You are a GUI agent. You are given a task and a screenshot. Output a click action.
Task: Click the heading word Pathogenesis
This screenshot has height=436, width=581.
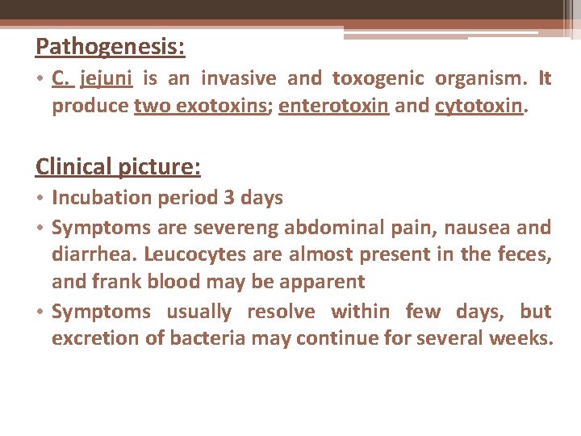[110, 47]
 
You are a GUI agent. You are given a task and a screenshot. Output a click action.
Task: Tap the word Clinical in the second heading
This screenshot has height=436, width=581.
[73, 166]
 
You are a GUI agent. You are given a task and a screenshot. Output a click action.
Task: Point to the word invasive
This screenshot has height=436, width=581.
[238, 78]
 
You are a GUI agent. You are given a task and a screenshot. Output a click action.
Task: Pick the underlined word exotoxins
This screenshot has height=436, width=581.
[224, 107]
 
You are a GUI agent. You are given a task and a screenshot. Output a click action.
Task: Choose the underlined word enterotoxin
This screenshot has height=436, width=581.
[334, 107]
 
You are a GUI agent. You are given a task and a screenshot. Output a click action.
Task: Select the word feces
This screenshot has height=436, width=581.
[524, 254]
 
